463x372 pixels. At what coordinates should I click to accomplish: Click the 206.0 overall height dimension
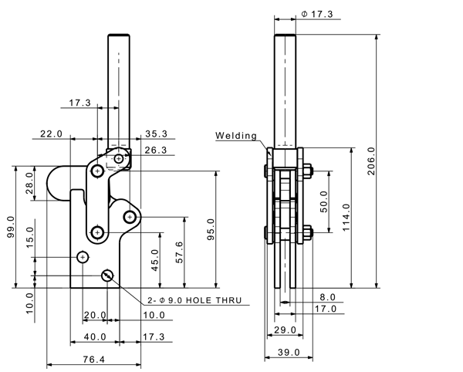371,161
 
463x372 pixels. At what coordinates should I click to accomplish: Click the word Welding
235,136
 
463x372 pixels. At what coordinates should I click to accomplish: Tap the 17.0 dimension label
325,309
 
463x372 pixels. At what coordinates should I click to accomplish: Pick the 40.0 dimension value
95,336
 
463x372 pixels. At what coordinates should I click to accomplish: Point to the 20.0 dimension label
94,315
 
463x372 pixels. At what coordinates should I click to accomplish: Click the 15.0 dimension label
29,235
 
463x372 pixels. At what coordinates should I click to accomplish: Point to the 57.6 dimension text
180,253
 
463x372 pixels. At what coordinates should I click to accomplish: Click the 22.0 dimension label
50,134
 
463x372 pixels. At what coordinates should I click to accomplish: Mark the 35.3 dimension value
157,134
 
